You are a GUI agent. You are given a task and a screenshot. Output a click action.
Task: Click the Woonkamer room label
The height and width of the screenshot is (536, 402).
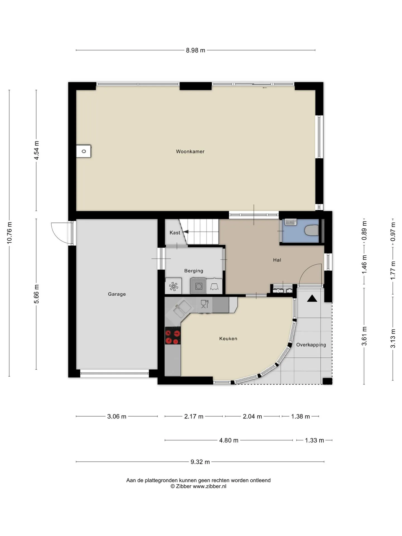(x=190, y=152)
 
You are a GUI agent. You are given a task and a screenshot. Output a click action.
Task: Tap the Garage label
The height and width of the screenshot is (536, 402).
(x=117, y=294)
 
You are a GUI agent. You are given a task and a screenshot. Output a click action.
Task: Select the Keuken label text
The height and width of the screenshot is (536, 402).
(x=228, y=339)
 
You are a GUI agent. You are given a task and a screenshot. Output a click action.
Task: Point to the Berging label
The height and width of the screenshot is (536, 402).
(x=193, y=271)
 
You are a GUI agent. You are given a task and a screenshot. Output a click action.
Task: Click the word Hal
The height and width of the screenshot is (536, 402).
(x=277, y=260)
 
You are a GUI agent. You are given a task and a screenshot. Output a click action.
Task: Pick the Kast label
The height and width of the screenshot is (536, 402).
(x=175, y=233)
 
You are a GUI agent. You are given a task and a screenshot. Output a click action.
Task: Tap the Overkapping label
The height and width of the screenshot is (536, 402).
(x=311, y=345)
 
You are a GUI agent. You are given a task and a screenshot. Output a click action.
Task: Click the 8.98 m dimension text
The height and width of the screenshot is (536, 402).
(x=195, y=50)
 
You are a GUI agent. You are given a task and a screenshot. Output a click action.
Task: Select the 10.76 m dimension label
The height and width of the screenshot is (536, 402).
(x=9, y=233)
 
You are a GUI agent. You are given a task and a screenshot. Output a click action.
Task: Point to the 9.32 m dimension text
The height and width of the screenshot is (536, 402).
(x=200, y=462)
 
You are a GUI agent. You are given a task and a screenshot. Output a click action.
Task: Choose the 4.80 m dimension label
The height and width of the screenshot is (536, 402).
(x=229, y=440)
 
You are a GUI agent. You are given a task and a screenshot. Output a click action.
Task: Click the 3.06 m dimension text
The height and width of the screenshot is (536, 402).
(x=117, y=417)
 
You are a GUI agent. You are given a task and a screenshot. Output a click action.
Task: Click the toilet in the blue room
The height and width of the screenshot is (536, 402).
(x=312, y=231)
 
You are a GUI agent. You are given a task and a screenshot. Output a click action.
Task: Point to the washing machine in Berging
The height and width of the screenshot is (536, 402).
(x=198, y=286)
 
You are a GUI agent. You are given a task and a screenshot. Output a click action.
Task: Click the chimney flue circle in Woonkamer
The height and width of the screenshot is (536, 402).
(x=84, y=151)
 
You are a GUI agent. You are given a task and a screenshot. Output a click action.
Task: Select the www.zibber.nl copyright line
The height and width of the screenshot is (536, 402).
(x=198, y=486)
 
